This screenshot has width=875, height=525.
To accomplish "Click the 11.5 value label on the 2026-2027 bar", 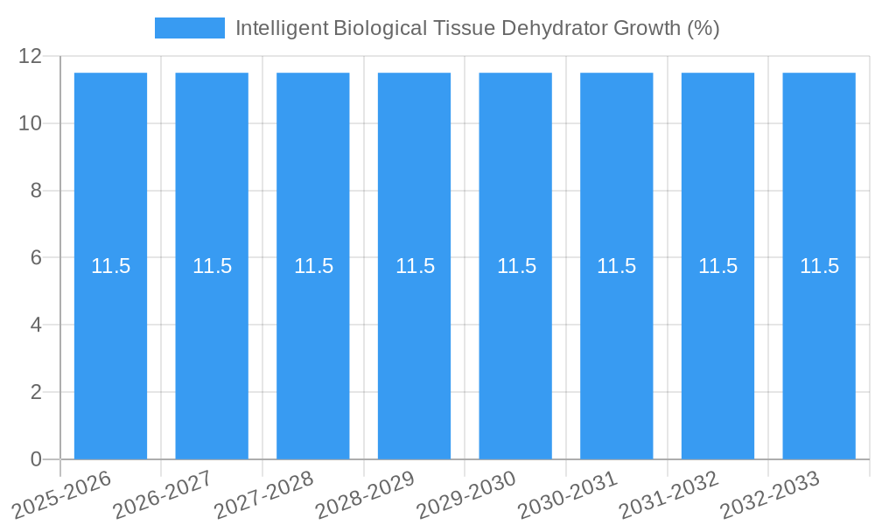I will point(212,267).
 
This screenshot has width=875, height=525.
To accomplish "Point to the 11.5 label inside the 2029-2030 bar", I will point(516,267).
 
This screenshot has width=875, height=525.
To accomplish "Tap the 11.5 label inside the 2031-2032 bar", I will point(717,267).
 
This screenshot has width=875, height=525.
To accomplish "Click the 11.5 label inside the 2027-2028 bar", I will point(313,267).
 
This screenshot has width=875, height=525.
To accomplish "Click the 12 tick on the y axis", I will point(31,56).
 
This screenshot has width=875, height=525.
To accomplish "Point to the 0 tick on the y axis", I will point(36,459).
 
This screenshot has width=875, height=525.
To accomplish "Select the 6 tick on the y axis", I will point(36,258).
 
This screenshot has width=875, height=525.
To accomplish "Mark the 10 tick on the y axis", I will point(31,123).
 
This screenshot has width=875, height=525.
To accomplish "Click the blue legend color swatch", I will point(189,28).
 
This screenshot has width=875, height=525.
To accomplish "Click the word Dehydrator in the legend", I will point(555,28).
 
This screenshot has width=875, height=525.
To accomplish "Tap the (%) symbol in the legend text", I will point(703,28).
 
